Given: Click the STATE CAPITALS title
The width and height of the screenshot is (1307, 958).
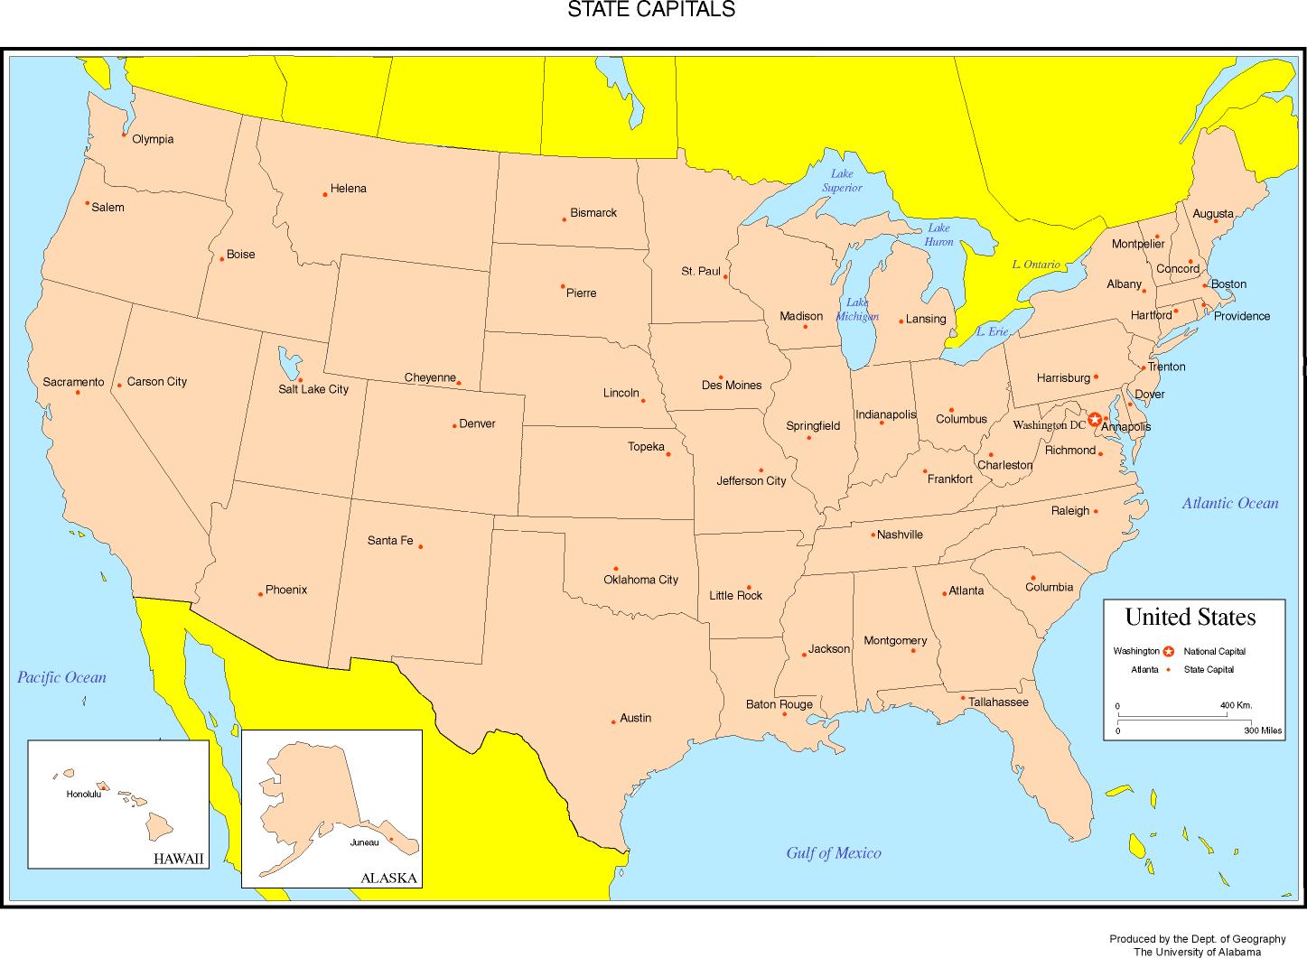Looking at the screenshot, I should [x=650, y=10].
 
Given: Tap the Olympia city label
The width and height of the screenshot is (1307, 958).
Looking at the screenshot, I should [x=153, y=139].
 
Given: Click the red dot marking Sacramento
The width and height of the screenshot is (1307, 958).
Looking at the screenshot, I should [x=78, y=392].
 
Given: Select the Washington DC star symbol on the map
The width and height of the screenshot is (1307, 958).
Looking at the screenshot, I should [x=1095, y=419].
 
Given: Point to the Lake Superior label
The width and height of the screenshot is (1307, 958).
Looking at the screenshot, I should [x=842, y=181].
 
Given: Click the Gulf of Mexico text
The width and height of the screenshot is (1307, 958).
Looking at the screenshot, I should [x=833, y=853].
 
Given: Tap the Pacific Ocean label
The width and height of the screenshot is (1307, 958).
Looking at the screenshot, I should [x=61, y=677].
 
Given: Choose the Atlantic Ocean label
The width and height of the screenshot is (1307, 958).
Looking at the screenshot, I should [x=1230, y=503].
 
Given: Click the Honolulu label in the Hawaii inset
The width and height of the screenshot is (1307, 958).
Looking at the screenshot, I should [x=84, y=795].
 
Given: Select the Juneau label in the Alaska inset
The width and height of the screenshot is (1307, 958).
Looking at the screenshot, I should [x=364, y=842].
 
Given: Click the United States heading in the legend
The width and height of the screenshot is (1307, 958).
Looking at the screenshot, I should [x=1190, y=618].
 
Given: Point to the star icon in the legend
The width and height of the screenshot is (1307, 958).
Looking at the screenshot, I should [x=1169, y=651].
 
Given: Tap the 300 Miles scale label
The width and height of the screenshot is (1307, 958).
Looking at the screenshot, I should [x=1263, y=730].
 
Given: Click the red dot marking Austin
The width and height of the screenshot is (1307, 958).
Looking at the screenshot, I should [x=613, y=721].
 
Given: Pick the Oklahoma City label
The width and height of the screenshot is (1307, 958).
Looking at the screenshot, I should [x=640, y=580].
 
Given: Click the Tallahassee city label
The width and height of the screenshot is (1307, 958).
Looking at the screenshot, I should [x=998, y=702].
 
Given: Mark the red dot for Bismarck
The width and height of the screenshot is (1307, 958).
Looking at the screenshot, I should [x=565, y=219].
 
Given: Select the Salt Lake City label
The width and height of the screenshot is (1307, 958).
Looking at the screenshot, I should [x=313, y=389].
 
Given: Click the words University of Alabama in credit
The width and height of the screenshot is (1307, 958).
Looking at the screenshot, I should [x=1208, y=952].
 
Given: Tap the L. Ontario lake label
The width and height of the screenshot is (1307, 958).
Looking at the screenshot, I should [x=1035, y=265].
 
